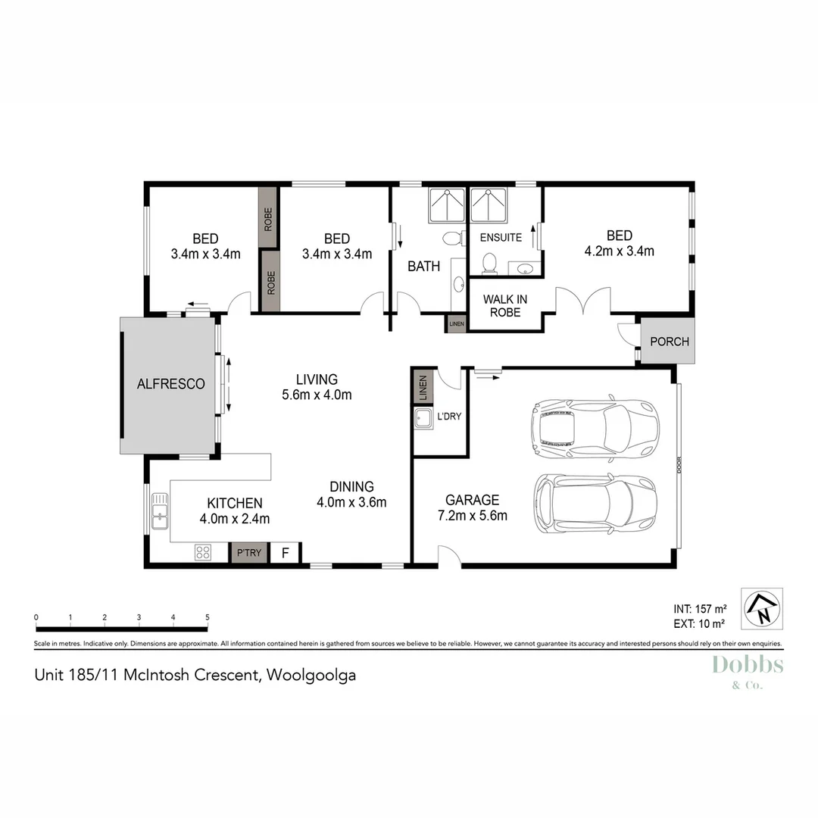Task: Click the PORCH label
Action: point(670,342)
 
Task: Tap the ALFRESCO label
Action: point(170,384)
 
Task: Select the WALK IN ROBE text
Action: point(504,305)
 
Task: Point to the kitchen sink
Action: point(160,510)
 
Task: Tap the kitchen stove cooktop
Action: point(202,552)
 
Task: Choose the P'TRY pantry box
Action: point(249,553)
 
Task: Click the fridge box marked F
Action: point(286,553)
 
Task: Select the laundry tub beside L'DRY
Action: point(423,417)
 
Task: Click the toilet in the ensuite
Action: point(489,262)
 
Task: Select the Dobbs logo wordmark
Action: point(748,666)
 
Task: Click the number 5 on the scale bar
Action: point(208,617)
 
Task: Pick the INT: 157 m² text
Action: point(700,608)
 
